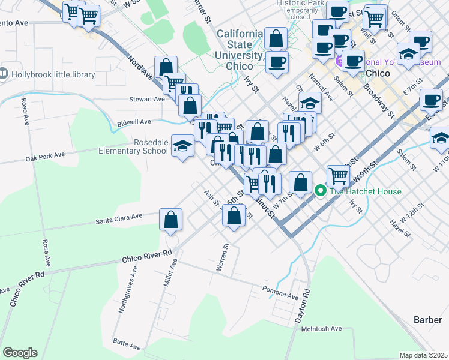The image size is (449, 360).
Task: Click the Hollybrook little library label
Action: [x=53, y=74]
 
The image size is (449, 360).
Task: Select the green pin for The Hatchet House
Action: [x=320, y=191]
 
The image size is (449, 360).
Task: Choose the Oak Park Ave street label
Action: [x=45, y=158]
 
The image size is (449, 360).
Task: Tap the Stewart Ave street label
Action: [x=147, y=99]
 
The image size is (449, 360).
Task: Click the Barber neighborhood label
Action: [x=427, y=320]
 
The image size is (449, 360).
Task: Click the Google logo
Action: [x=20, y=352]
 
